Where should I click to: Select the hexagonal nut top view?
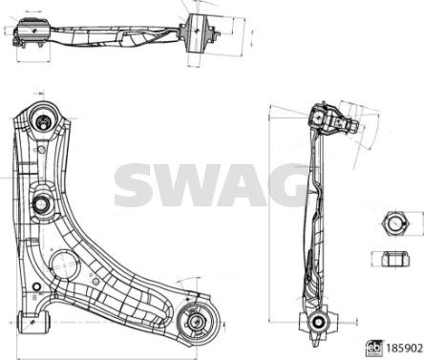tap(394, 223)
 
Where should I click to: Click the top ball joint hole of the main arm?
tap(44, 122)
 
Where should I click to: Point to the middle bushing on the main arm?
tap(42, 203)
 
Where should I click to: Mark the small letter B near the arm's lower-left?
tap(34, 298)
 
